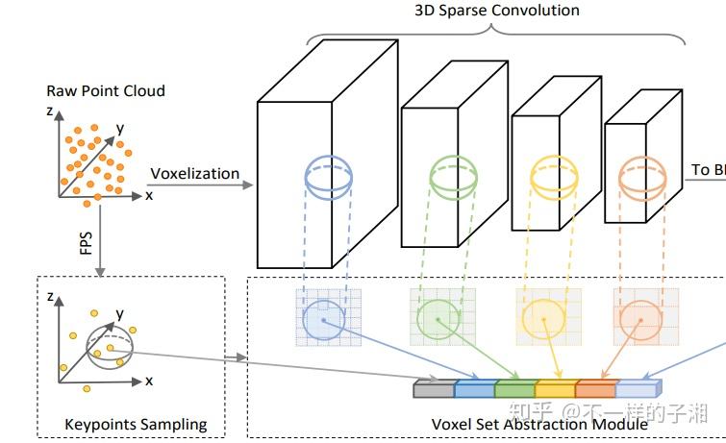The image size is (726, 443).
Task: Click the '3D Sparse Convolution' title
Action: tap(497, 12)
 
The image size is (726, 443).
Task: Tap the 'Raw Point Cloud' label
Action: tap(106, 91)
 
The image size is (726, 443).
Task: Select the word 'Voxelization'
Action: tap(194, 174)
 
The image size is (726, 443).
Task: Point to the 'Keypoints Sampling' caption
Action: tap(136, 424)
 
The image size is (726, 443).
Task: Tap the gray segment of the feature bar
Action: tap(433, 389)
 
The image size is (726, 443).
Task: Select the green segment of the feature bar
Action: tap(514, 389)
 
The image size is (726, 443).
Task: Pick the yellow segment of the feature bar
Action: tap(555, 389)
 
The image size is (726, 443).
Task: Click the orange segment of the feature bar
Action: tap(594, 389)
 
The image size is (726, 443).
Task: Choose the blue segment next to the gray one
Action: tap(473, 389)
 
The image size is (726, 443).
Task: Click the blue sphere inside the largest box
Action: tap(330, 179)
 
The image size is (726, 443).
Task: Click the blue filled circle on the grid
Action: tap(323, 321)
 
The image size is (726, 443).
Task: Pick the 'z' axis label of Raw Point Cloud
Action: tap(48, 111)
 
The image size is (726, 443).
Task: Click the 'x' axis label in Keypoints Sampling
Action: tap(149, 381)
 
